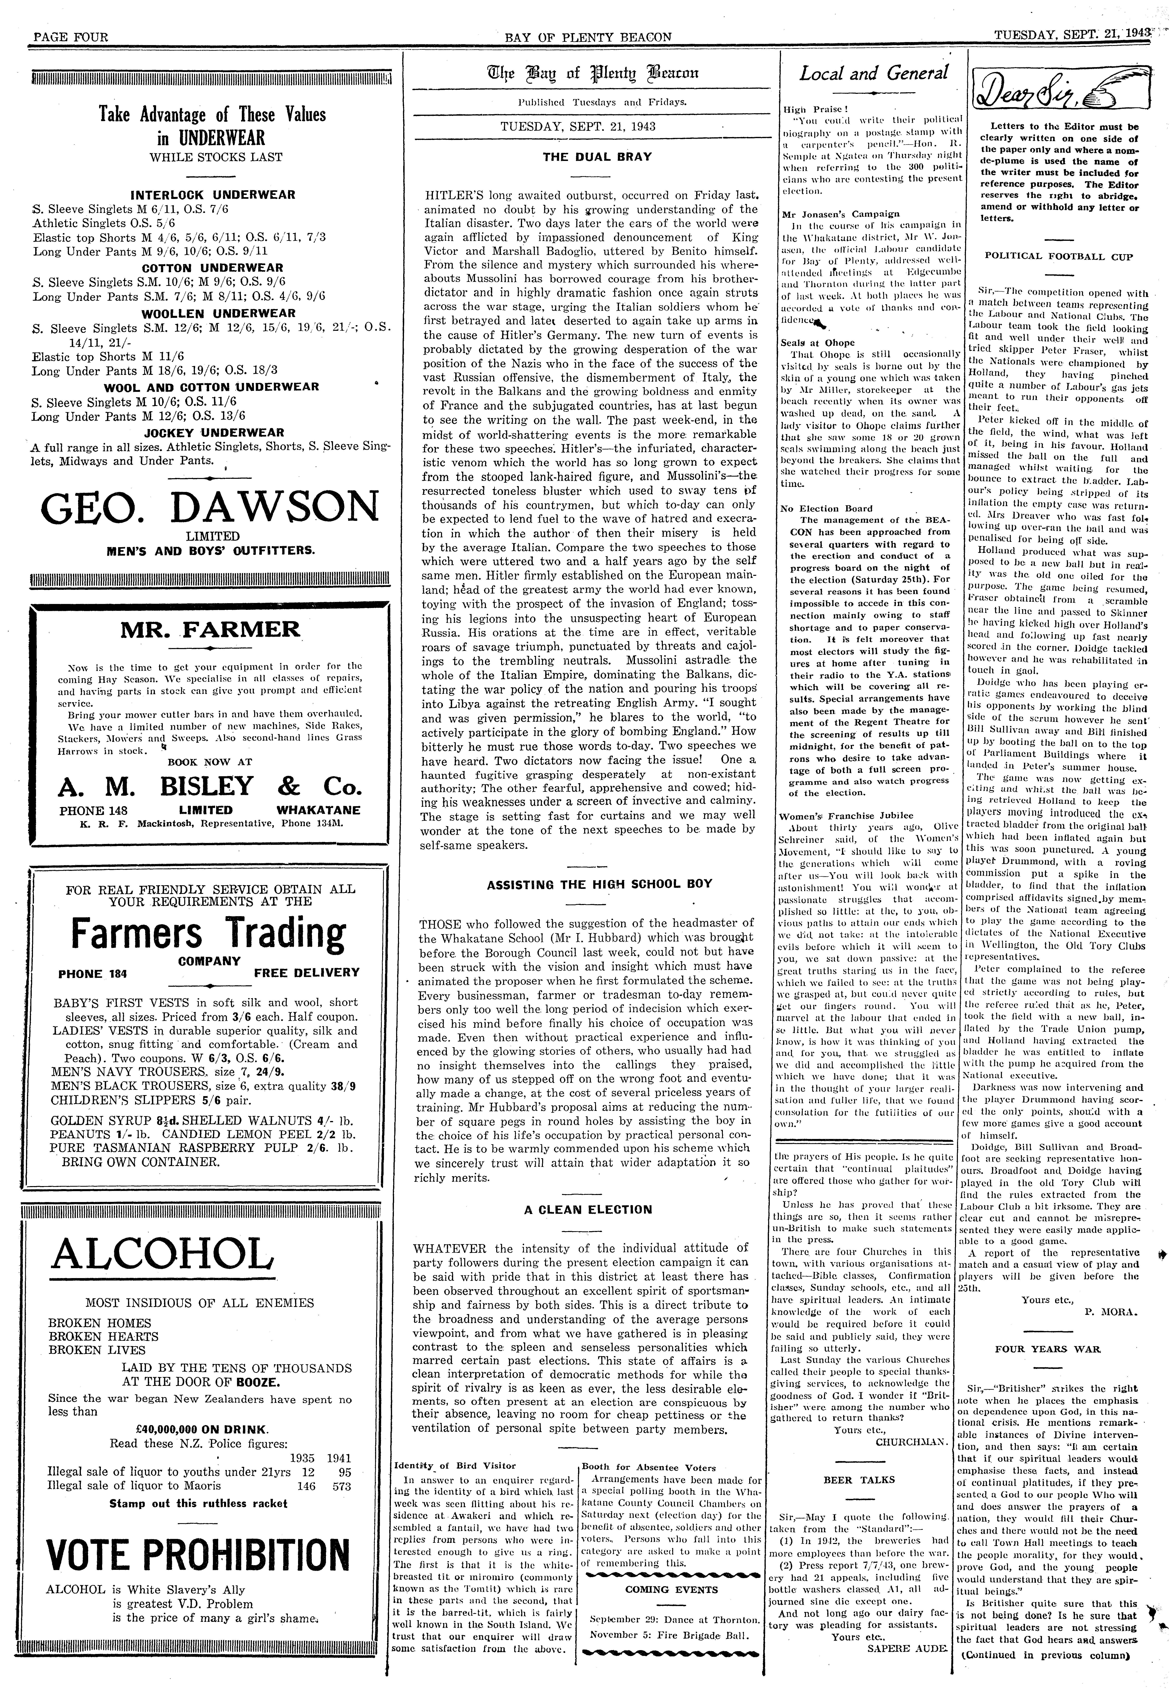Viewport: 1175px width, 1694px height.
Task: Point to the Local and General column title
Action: [873, 74]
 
